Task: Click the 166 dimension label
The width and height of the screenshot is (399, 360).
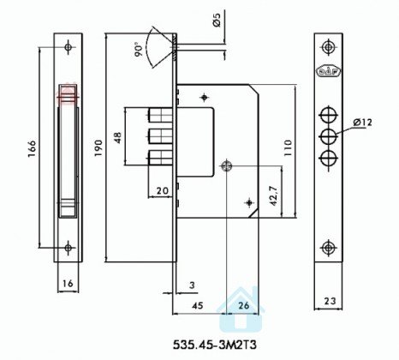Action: click(32, 148)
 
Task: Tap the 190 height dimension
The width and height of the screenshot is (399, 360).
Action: click(98, 147)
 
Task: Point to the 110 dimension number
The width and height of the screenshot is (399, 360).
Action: click(289, 147)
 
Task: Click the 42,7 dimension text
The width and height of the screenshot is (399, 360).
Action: click(273, 196)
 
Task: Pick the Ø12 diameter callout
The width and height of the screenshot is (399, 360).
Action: click(362, 123)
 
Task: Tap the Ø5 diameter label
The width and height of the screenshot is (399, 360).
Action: click(217, 20)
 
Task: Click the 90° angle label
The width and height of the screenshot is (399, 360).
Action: click(139, 50)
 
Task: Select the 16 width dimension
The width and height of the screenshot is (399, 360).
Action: click(68, 283)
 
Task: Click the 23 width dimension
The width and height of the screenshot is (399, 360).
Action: click(330, 301)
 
